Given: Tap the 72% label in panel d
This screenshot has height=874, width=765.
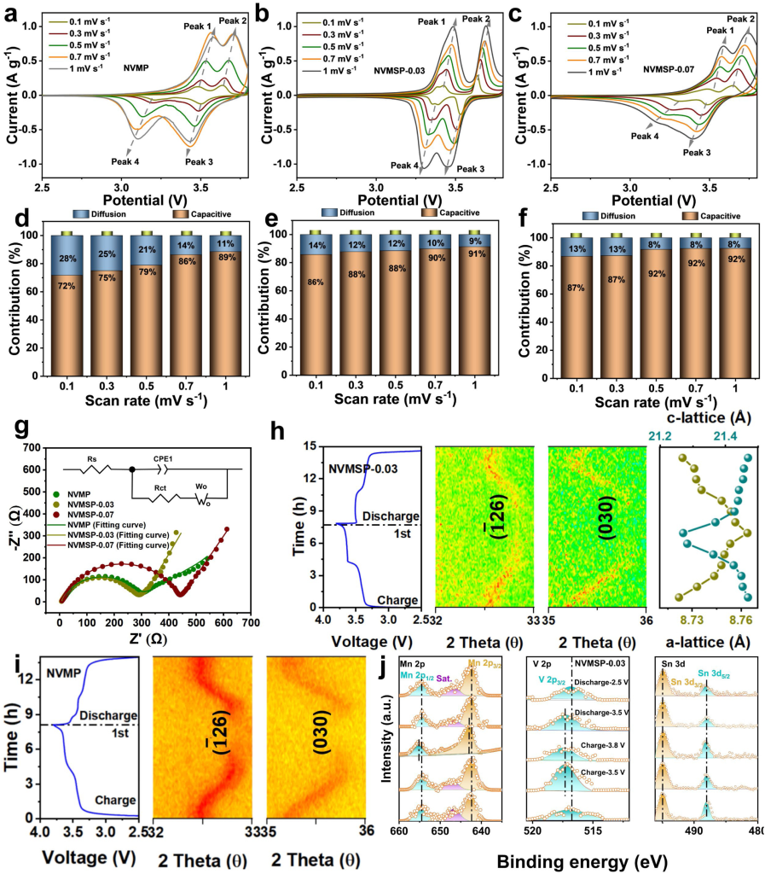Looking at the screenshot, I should [x=68, y=311].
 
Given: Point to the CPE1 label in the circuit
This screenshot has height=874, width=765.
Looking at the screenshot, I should [x=162, y=457].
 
